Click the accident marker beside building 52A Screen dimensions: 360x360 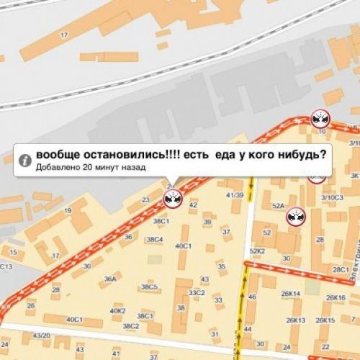(294, 217)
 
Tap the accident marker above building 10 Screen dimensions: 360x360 (319, 119)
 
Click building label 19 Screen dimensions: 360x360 (67, 211)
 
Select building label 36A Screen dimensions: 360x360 (109, 279)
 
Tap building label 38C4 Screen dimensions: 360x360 (153, 239)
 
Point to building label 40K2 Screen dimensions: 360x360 (118, 311)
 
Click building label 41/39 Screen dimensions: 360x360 (234, 195)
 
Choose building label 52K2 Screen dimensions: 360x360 (257, 251)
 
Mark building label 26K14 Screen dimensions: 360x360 (291, 294)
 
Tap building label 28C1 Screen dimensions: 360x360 (341, 269)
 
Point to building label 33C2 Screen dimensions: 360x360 (197, 293)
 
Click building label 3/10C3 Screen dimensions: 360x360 (332, 196)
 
